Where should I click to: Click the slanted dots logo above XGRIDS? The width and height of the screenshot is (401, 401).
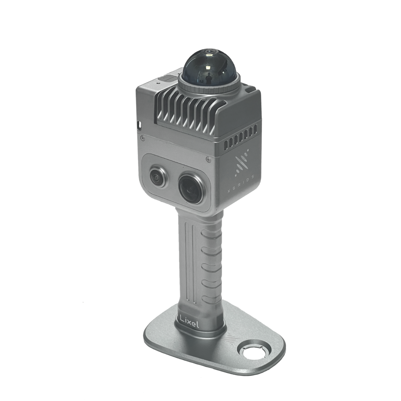point(240,164)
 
